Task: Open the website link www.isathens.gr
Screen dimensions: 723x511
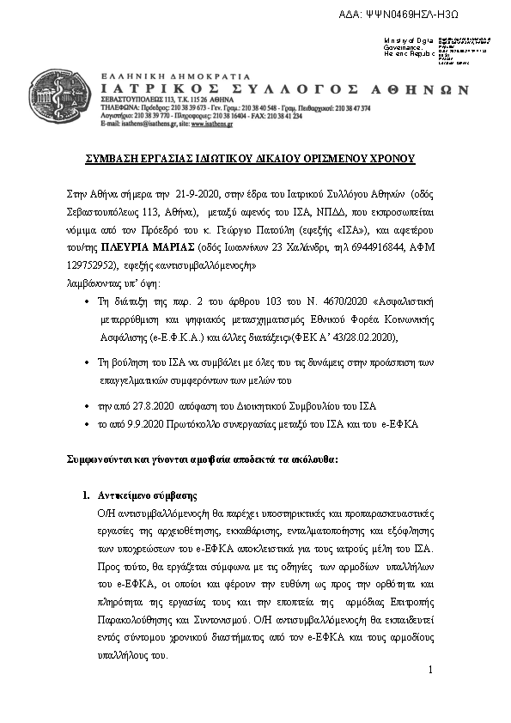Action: [x=209, y=124]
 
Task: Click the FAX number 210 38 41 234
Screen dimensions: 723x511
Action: [x=281, y=116]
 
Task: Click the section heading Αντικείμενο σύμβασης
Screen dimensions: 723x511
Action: [x=147, y=495]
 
